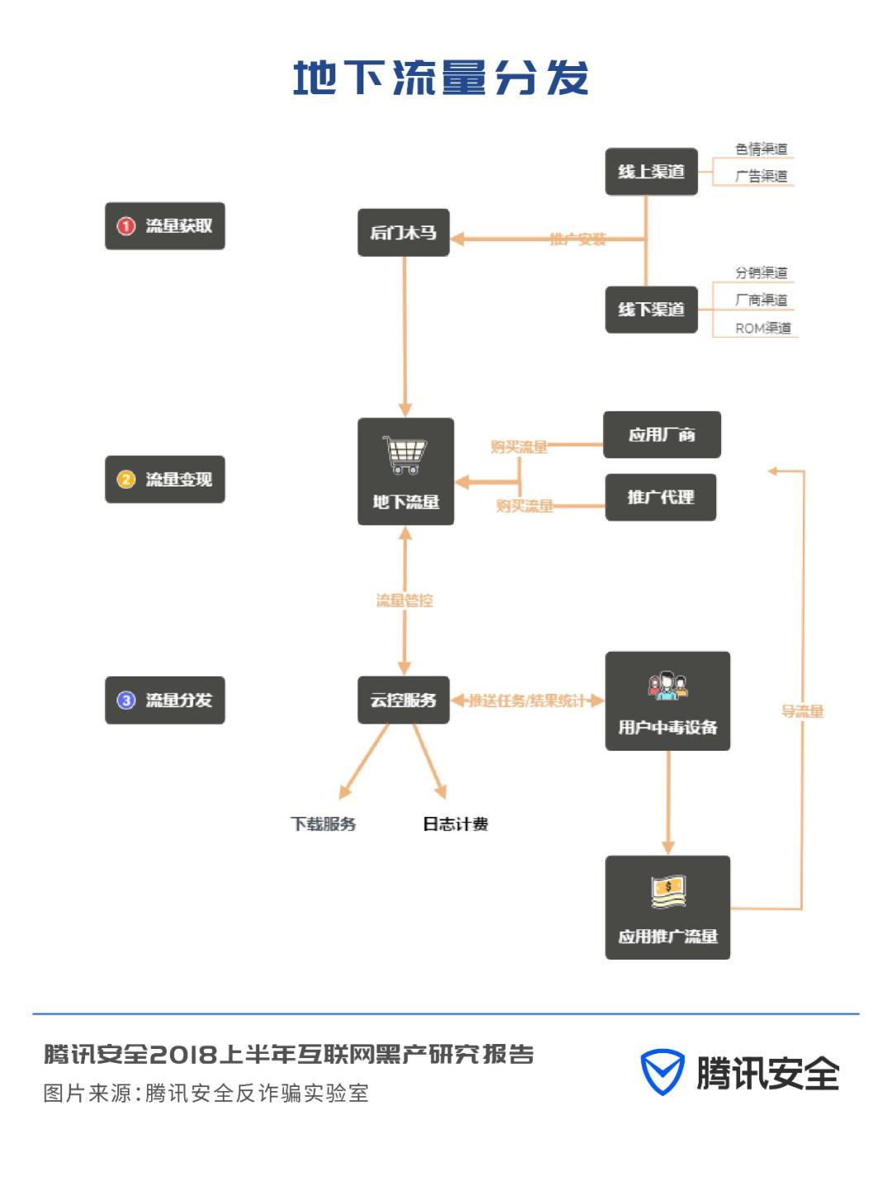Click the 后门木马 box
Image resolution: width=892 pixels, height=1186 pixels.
point(403,232)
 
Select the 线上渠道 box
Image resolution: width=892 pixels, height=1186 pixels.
point(651,172)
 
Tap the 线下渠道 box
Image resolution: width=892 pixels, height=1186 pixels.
point(651,310)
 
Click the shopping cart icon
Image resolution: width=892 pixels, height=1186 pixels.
point(405,455)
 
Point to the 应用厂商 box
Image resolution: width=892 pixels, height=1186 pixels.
point(662,434)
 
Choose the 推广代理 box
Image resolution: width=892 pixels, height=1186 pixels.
point(660,497)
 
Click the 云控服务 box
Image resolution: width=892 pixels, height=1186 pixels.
point(403,700)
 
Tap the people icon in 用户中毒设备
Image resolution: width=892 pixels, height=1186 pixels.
point(667,686)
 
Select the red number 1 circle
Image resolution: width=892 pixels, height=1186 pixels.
point(126,226)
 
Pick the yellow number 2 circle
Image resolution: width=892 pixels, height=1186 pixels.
point(126,480)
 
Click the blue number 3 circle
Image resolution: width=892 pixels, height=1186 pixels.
point(126,700)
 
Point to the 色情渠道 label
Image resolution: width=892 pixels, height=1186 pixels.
point(761,149)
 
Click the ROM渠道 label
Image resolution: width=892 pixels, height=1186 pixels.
point(762,328)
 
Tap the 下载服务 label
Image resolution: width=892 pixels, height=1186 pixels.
point(323,824)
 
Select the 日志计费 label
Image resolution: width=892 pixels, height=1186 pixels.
point(455,824)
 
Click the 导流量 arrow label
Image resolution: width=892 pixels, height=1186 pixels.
point(802,711)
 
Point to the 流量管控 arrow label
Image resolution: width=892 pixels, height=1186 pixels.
point(404,600)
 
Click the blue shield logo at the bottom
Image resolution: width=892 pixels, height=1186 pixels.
point(662,1073)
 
